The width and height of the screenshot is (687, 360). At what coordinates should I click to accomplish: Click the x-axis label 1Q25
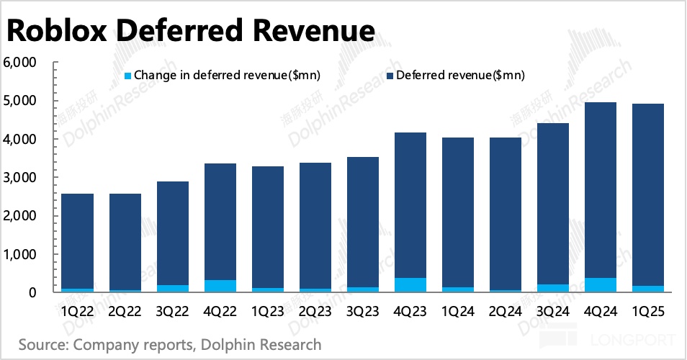[x=648, y=312]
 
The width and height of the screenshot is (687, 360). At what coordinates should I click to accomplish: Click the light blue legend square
[x=128, y=75]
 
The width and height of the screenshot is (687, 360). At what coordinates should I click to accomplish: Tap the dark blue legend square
[x=390, y=75]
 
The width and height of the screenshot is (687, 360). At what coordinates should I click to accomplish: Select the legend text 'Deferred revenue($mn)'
[x=460, y=75]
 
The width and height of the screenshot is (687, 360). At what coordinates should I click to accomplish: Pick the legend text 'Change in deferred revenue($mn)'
[x=228, y=75]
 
